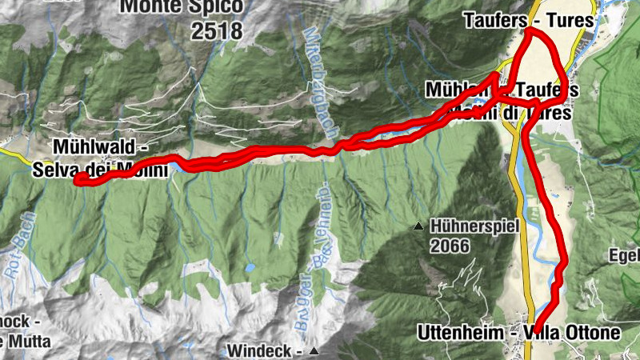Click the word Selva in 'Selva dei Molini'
[x=53, y=169]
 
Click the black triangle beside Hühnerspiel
[x=418, y=228]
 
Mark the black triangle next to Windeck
[x=314, y=351]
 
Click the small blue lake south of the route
[x=250, y=268]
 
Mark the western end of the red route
[x=78, y=181]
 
